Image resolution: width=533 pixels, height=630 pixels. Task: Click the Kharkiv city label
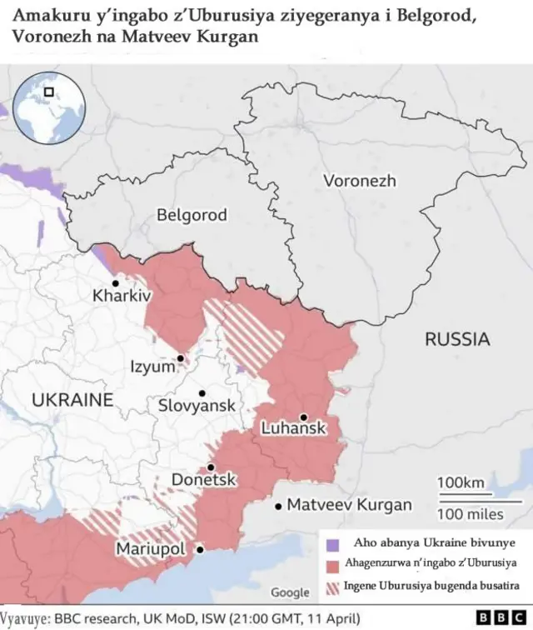(122, 296)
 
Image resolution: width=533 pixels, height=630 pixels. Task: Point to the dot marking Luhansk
(304, 417)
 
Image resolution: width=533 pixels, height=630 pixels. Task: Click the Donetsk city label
(204, 480)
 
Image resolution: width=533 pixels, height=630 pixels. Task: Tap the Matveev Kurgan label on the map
(349, 505)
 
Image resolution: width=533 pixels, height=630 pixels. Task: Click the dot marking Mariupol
(200, 549)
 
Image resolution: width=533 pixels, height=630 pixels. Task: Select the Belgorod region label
(192, 216)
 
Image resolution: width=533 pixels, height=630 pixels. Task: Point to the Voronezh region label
(359, 181)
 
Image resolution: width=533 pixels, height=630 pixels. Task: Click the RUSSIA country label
(457, 339)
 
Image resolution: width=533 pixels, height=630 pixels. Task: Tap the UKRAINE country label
(72, 400)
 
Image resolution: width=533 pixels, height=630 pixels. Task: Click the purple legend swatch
(333, 543)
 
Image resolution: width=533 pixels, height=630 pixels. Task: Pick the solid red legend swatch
(333, 565)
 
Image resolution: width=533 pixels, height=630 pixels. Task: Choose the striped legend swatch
(333, 587)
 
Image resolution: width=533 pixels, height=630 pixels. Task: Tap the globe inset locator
(50, 103)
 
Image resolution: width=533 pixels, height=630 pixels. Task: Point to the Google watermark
(290, 592)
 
